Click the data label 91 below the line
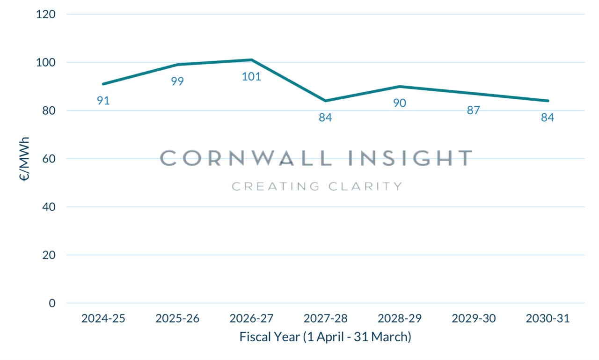103,100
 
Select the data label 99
177,81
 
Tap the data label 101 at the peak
251,76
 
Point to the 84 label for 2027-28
325,118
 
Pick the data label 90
399,103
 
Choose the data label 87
474,110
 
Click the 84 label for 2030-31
548,118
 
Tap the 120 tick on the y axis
46,14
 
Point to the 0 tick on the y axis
51,303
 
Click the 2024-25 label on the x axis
103,319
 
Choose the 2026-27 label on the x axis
251,319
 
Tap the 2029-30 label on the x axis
474,319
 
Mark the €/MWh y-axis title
25,159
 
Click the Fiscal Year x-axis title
325,337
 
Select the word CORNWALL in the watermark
246,158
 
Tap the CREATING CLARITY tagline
317,186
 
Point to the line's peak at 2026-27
251,59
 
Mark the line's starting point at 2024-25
103,84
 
